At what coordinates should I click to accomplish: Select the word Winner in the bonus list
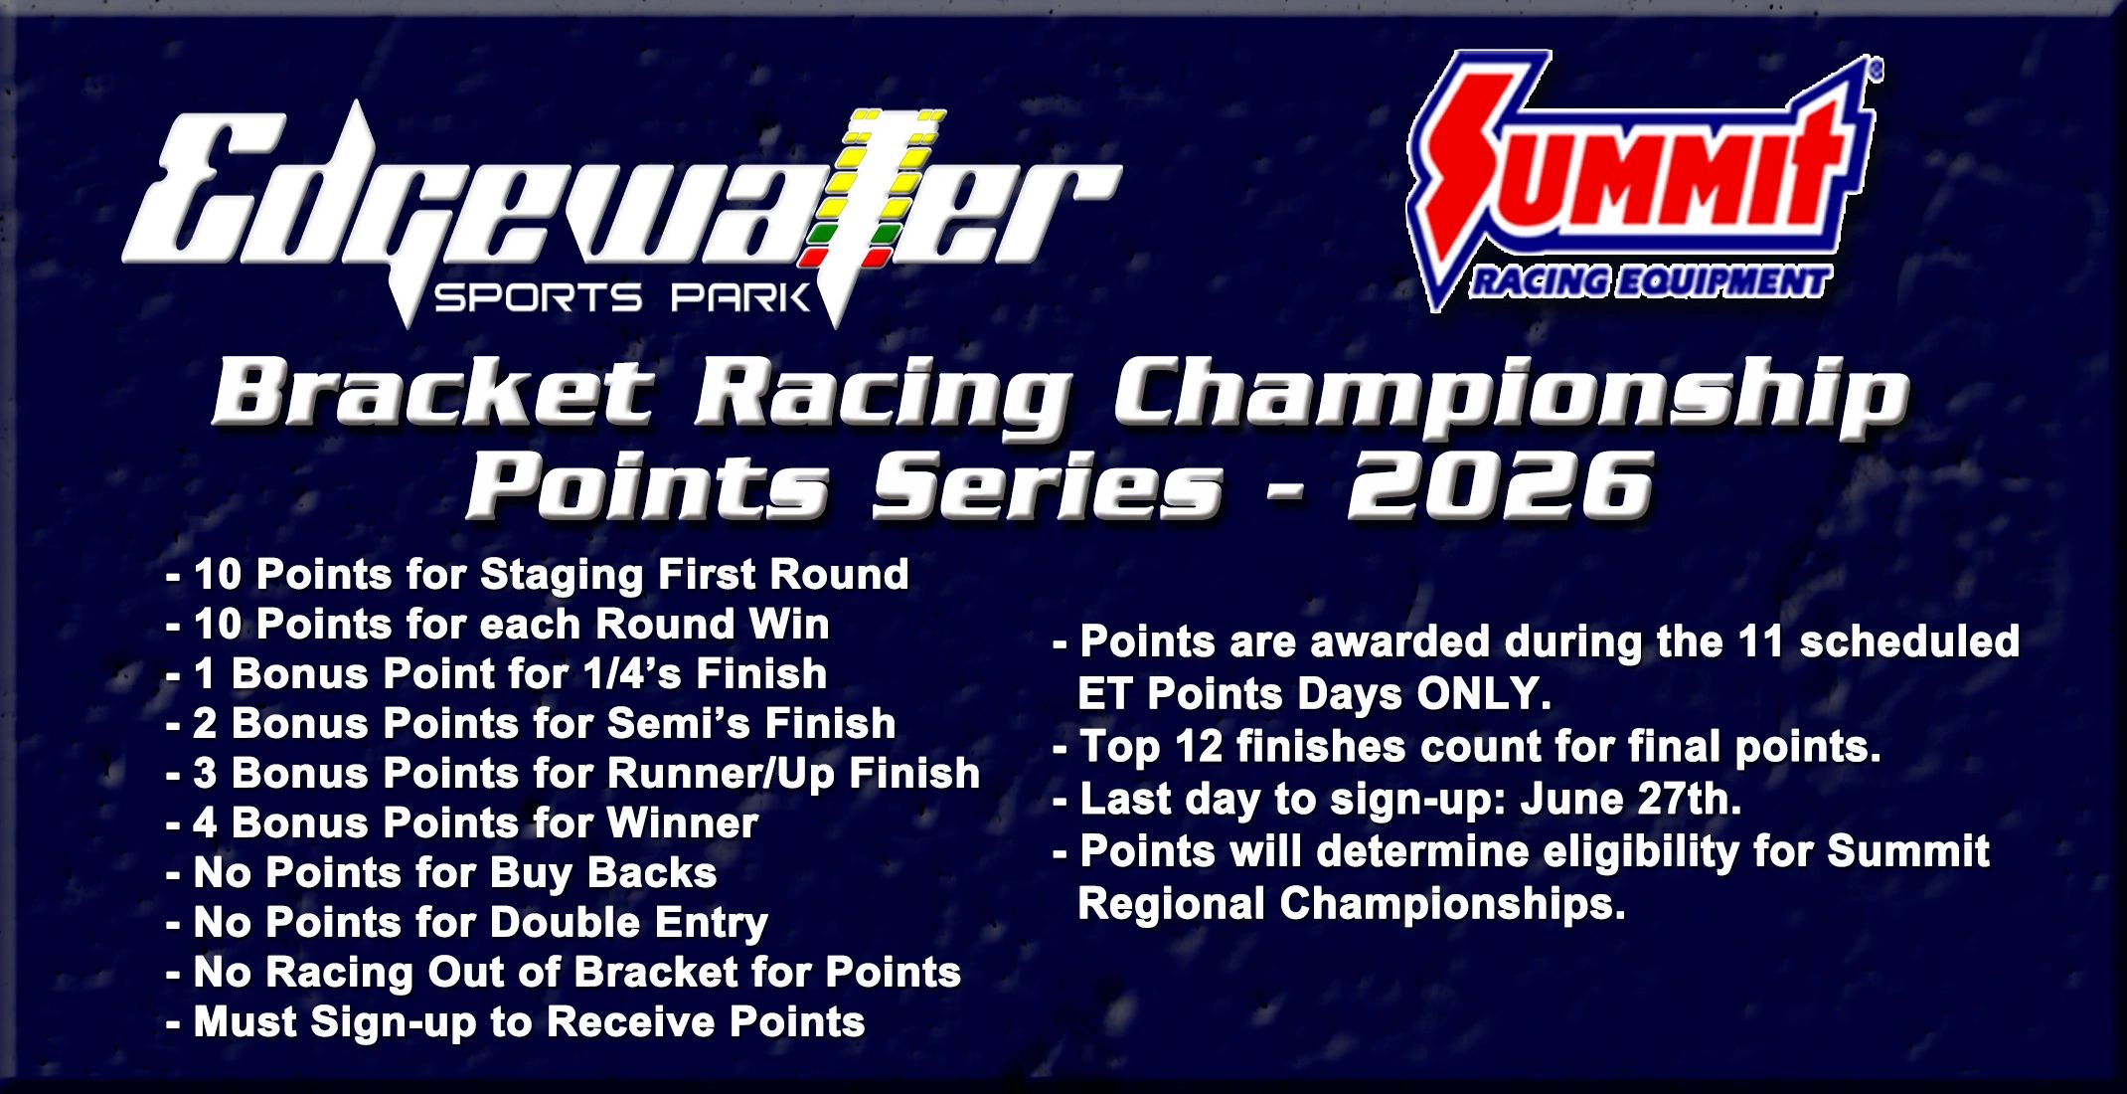pos(682,822)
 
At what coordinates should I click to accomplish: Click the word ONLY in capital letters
pos(1482,693)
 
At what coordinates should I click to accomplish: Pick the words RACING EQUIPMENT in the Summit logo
pos(1650,282)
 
